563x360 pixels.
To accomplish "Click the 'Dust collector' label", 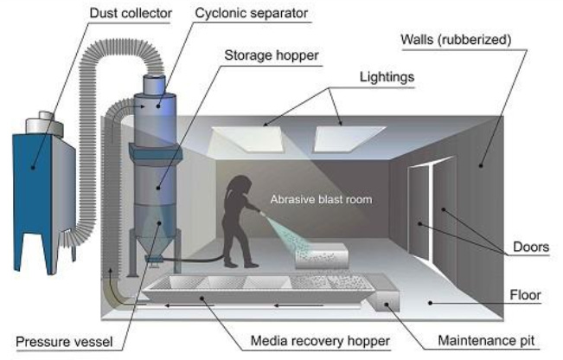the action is [131, 13].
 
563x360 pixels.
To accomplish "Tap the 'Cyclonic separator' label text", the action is [252, 13].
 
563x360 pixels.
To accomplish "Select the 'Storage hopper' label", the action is [272, 55].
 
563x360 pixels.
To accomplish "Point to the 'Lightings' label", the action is [387, 77].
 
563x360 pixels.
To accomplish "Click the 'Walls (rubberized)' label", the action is [456, 40].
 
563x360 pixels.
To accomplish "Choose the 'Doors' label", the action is [531, 247].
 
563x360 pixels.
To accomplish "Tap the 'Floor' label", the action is [525, 295].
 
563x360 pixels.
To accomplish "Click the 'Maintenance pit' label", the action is [486, 340].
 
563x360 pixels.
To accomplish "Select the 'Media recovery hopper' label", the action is [320, 341].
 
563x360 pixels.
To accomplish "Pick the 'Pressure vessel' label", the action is [64, 341].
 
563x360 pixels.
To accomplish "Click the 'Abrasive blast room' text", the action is [322, 199].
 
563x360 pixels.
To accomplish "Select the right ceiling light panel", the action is [349, 138].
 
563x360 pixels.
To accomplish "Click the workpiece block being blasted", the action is [322, 255].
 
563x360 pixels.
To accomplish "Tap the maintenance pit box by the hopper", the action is [384, 301].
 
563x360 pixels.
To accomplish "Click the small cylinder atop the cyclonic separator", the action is [155, 85].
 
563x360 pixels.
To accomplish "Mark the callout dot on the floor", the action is [430, 303].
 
